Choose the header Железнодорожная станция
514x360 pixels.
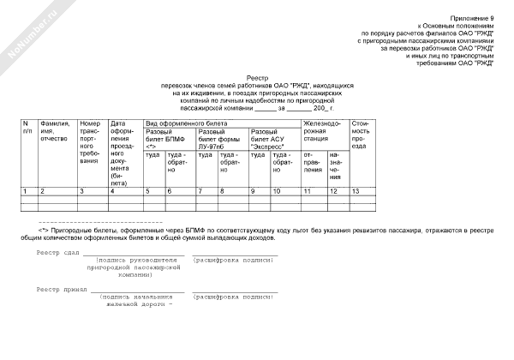click(322, 130)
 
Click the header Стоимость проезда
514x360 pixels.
click(360, 135)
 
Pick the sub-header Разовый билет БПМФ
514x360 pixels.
click(166, 136)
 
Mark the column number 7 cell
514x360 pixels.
click(200, 190)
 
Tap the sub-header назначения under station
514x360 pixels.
click(335, 167)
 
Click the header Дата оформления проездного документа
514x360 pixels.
click(123, 153)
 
